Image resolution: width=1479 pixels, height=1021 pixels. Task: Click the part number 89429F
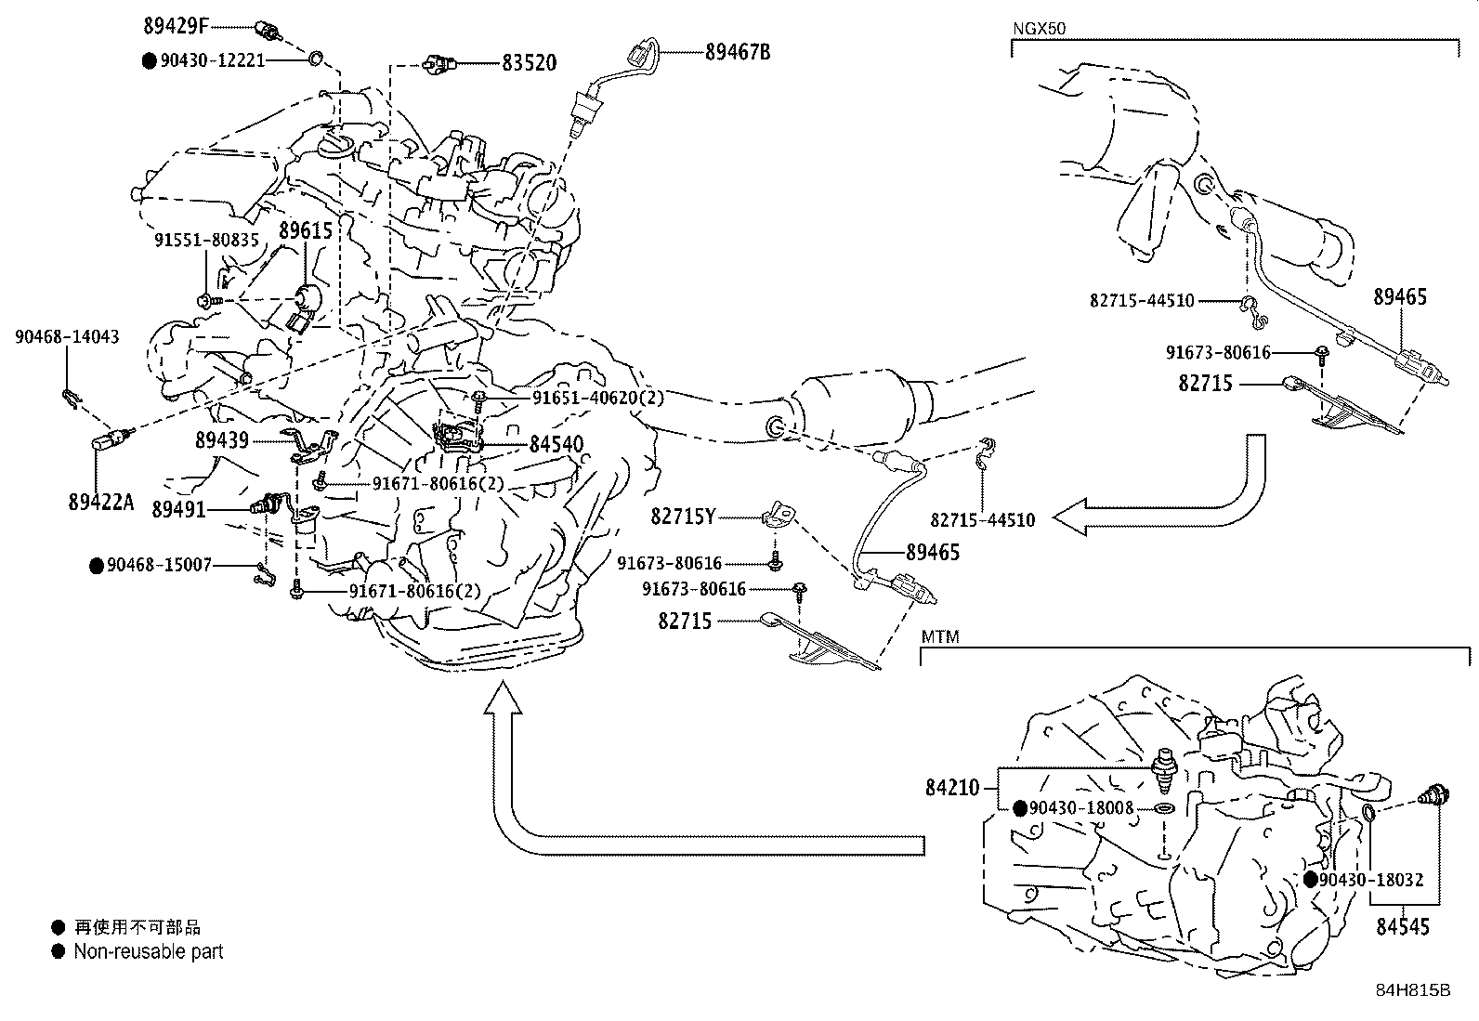click(184, 25)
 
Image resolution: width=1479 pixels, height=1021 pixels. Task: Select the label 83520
click(530, 63)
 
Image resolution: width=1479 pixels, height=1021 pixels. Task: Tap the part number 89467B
click(738, 52)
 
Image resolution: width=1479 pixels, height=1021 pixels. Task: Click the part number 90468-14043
click(67, 337)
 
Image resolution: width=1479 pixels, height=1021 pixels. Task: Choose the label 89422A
click(101, 503)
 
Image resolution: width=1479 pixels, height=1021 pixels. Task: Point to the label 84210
click(952, 788)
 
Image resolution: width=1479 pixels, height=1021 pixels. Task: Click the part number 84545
click(1403, 926)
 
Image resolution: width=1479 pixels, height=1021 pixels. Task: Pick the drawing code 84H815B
click(1413, 990)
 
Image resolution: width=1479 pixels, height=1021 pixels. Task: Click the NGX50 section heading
click(1039, 29)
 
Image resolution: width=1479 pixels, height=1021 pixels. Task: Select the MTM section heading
click(940, 637)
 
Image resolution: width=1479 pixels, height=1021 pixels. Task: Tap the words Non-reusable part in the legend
click(149, 951)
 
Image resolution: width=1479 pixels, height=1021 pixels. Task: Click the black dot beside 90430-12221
click(149, 60)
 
